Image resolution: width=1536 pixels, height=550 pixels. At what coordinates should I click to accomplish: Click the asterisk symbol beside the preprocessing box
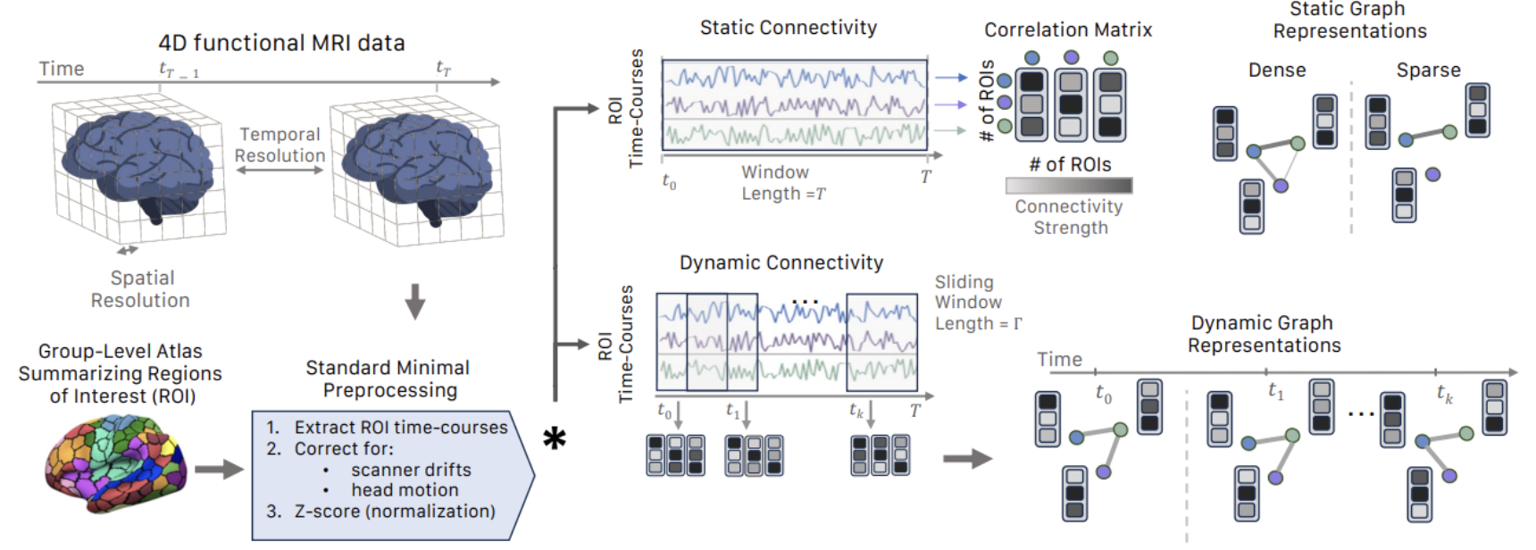555,438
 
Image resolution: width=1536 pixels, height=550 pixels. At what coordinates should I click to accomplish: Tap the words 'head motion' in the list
405,490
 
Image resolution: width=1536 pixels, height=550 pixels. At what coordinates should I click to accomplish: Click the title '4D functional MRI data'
281,43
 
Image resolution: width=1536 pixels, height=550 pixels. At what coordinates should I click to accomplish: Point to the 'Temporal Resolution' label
280,145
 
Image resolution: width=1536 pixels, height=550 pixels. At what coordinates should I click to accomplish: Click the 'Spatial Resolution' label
141,289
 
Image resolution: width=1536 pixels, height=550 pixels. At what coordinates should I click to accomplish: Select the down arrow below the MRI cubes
414,302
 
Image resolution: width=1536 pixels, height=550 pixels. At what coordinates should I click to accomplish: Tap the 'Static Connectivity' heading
788,28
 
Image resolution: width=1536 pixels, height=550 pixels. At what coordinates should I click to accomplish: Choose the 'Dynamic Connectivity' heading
781,262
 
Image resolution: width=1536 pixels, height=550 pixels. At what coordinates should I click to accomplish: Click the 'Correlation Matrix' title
1068,30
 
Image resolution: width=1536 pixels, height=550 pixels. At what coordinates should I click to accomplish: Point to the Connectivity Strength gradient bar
1068,186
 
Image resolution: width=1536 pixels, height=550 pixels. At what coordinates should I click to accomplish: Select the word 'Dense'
1276,71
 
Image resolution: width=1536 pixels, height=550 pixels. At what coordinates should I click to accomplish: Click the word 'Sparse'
1428,71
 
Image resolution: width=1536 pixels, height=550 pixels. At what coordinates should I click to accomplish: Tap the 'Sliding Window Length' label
976,303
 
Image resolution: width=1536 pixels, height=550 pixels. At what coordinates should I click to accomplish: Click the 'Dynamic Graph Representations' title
1263,334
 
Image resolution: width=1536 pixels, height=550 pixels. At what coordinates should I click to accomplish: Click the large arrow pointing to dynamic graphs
967,459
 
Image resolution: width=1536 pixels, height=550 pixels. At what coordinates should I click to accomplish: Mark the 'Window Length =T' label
782,183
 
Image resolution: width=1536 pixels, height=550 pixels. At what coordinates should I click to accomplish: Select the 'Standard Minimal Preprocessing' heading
388,379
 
